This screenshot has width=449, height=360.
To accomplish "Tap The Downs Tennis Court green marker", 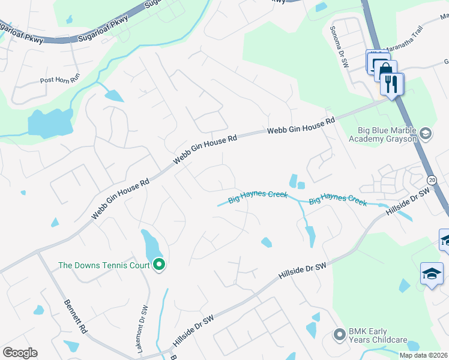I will (159, 265).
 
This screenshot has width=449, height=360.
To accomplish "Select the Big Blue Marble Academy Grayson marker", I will (426, 133).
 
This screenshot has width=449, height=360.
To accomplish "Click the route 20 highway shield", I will (432, 179).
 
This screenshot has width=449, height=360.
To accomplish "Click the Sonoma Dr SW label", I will (337, 46).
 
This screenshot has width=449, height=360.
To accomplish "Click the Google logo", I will (20, 353).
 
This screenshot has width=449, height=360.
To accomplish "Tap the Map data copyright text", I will (423, 355).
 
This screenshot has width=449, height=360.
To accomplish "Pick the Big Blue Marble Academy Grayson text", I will (383, 133).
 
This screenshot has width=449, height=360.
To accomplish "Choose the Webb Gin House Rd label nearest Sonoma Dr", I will (301, 126).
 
